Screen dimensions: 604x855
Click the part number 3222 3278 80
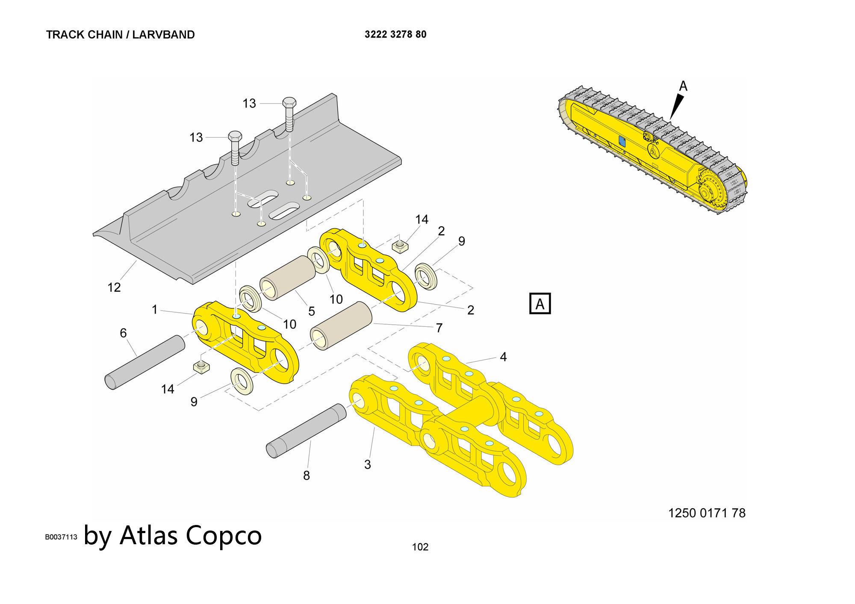[x=395, y=35]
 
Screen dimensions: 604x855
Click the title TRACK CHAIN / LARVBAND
[x=120, y=35]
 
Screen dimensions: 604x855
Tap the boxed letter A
[x=540, y=304]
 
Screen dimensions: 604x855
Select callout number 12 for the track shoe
[x=114, y=287]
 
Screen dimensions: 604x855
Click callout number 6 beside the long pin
[x=123, y=333]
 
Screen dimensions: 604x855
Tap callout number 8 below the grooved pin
[x=307, y=475]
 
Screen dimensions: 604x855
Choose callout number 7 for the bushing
[x=439, y=328]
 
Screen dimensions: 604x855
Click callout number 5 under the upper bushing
[x=312, y=311]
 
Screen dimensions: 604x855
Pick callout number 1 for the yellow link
[x=155, y=309]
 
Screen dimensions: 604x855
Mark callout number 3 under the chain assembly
[x=367, y=464]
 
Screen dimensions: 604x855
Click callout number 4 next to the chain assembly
[x=503, y=357]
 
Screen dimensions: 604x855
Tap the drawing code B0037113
[x=61, y=537]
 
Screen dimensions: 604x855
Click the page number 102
[x=420, y=547]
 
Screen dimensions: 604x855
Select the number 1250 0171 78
[x=707, y=513]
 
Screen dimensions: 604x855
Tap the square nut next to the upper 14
[x=400, y=246]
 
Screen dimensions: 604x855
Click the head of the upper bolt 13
[x=289, y=103]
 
